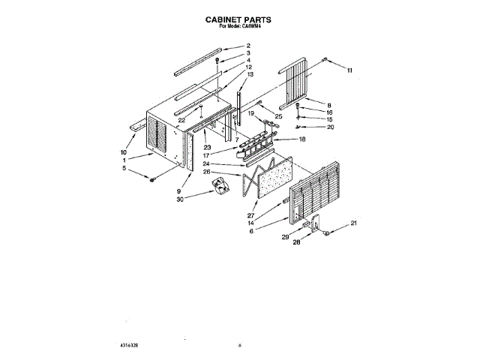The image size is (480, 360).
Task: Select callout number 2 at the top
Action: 248,46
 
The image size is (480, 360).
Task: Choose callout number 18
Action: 302,139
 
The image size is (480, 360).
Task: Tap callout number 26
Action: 206,172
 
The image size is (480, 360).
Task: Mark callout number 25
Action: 278,116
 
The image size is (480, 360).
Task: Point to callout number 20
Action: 331,127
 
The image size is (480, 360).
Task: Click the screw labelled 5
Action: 152,178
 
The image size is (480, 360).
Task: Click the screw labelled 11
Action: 324,58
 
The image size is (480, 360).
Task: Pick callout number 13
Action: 250,75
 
